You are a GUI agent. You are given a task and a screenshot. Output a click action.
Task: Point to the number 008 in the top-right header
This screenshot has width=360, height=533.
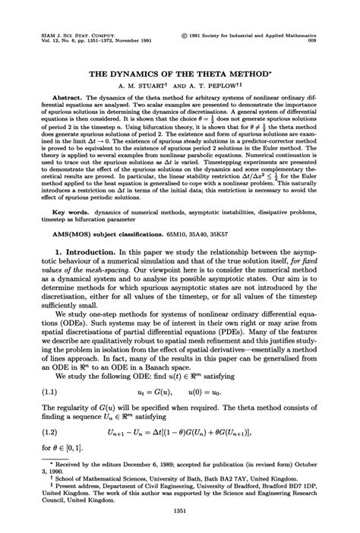pyautogui.click(x=313, y=42)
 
